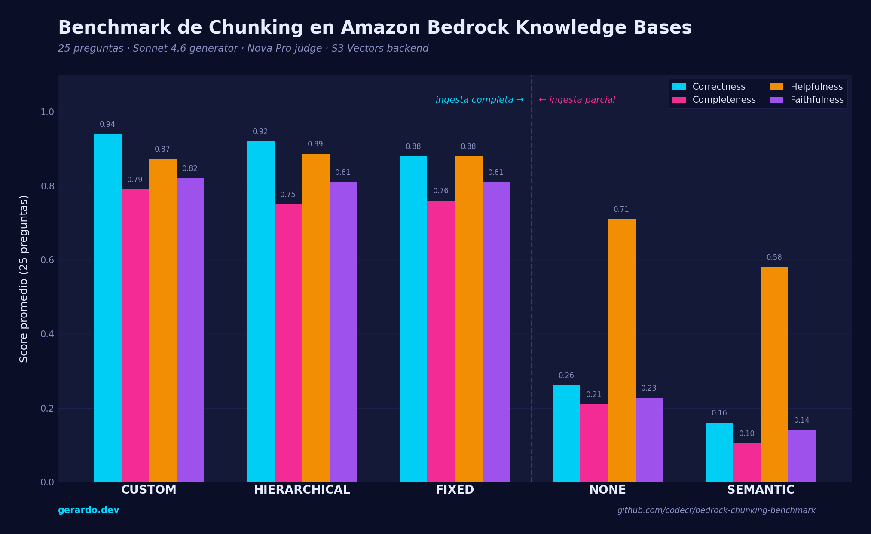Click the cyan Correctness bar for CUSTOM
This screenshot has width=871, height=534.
click(108, 308)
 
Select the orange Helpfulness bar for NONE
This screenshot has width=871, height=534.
click(621, 350)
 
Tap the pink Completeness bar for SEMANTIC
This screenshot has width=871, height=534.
click(746, 462)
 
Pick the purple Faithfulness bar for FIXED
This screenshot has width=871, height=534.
click(496, 332)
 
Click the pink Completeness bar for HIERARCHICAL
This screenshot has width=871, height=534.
click(288, 343)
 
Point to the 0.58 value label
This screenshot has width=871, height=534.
click(774, 258)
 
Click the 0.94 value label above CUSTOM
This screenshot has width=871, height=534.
click(107, 125)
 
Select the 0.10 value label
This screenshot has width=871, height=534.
click(746, 434)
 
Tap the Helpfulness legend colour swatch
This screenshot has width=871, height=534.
click(776, 87)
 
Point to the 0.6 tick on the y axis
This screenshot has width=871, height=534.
click(47, 260)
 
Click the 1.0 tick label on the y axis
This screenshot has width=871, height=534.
click(47, 112)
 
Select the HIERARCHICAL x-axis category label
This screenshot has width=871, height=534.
click(302, 490)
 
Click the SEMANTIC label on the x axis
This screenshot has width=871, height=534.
click(760, 490)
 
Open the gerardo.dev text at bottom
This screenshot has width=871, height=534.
click(89, 510)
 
